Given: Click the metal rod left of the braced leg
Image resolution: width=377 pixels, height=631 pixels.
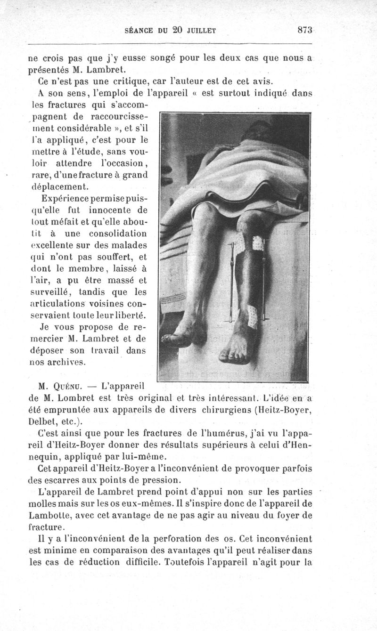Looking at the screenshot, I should point(232,283).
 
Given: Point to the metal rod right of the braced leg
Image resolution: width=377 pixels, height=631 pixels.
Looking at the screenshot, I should point(266,283).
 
